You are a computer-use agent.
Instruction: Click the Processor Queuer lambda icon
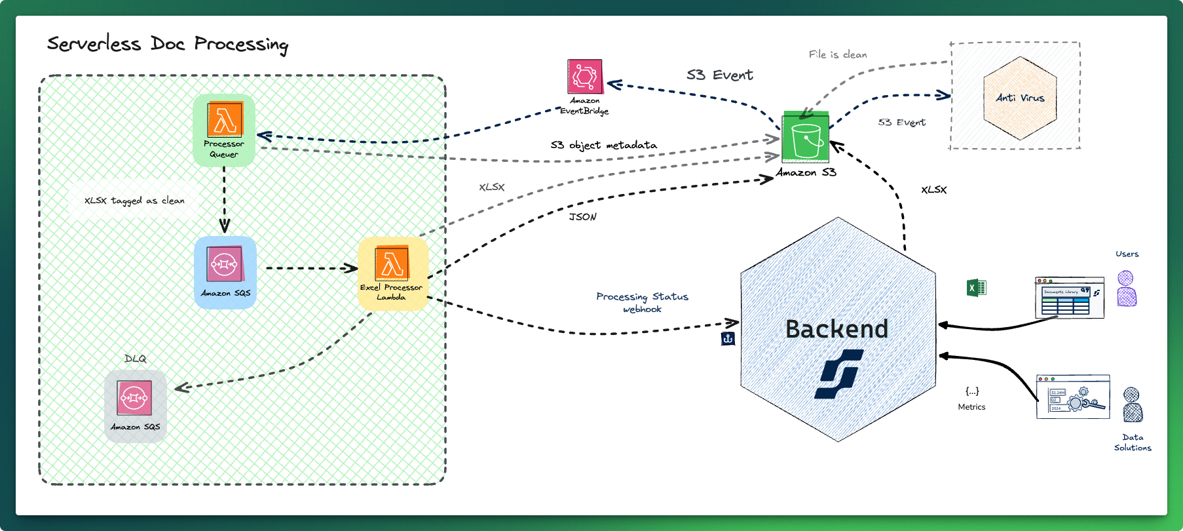[x=225, y=120]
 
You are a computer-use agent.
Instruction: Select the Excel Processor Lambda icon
[x=392, y=263]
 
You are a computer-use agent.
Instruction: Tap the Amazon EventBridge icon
[x=584, y=77]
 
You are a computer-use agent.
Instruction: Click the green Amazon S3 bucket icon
[x=806, y=138]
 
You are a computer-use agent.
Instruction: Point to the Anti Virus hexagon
[x=1020, y=98]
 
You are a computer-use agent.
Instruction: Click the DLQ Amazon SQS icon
[x=134, y=397]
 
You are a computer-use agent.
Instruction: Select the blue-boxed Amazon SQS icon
[x=225, y=264]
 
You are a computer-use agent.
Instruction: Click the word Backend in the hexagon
[x=836, y=329]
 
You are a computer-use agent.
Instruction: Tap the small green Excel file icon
[x=976, y=288]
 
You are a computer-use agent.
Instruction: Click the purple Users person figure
[x=1126, y=288]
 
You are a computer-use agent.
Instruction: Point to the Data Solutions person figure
[x=1133, y=404]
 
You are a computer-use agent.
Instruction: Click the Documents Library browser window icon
[x=1069, y=298]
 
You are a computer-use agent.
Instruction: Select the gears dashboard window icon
[x=1072, y=397]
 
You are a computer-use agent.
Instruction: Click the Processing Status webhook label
[x=642, y=302]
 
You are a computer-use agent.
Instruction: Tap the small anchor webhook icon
[x=728, y=339]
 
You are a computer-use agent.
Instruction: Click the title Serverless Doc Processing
[x=168, y=44]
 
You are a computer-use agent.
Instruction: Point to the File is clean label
[x=837, y=54]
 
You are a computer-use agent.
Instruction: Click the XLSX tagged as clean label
[x=134, y=201]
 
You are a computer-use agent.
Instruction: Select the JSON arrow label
[x=582, y=217]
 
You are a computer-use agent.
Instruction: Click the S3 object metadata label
[x=603, y=145]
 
